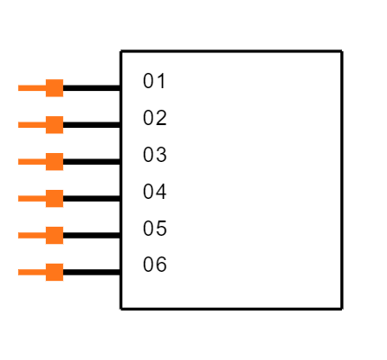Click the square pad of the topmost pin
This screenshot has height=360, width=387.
point(54,88)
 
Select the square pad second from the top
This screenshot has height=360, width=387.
point(54,125)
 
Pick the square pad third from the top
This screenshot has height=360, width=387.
point(54,162)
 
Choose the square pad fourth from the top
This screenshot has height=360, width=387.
point(54,198)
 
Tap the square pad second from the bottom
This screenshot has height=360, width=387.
point(54,235)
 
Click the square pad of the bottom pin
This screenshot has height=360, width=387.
point(54,272)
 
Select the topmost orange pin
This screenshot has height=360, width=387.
point(45,88)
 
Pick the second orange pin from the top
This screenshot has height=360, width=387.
point(45,125)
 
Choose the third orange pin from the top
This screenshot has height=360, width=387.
point(45,162)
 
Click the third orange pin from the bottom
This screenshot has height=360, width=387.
point(45,198)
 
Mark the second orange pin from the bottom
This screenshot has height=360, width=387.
point(45,235)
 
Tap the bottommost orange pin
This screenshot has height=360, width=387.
point(45,272)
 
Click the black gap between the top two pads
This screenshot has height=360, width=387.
point(54,106)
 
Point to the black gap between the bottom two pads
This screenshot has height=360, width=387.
point(54,254)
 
